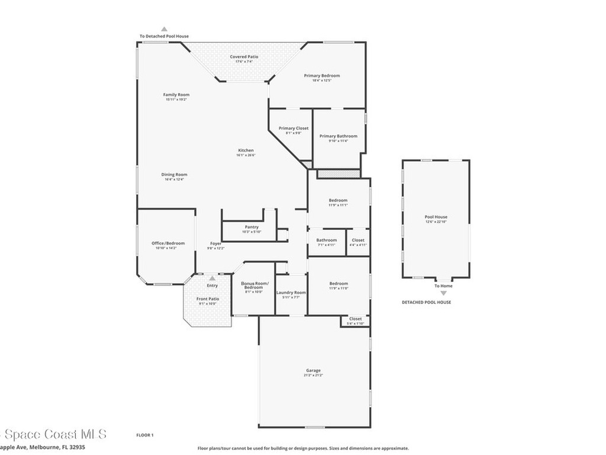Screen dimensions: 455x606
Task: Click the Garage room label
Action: [x=313, y=371]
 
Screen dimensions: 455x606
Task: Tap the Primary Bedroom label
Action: [x=322, y=76]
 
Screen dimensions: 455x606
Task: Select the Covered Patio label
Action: [x=244, y=57]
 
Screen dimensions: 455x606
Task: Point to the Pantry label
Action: [x=252, y=227]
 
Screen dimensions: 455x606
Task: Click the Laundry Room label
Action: [x=291, y=293]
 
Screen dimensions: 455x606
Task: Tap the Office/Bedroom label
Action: [x=168, y=243]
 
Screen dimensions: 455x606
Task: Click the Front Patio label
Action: [x=208, y=299]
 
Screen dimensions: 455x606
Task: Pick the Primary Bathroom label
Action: [x=339, y=136]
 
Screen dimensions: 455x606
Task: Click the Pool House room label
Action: [x=436, y=217]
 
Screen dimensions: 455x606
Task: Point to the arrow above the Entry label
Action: [x=212, y=278]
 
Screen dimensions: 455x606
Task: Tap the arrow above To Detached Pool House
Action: [x=165, y=28]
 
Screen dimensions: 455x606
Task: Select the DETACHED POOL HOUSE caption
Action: [x=426, y=302]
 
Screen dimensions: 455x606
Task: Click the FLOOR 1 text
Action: [x=145, y=435]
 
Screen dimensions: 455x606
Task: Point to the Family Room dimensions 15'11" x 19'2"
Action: [x=176, y=100]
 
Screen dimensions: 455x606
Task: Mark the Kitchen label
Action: [x=246, y=150]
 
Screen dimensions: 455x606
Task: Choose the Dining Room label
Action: [x=174, y=174]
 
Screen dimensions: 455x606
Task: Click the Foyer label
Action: [x=216, y=243]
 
